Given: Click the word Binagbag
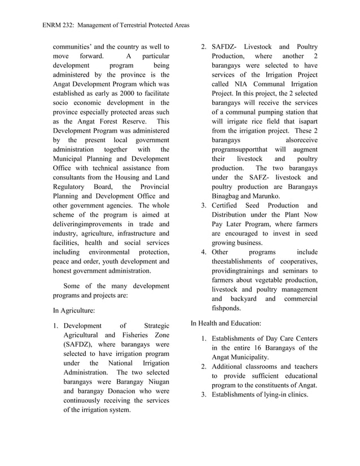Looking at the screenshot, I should [x=229, y=196].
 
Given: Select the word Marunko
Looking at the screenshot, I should [x=264, y=196].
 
